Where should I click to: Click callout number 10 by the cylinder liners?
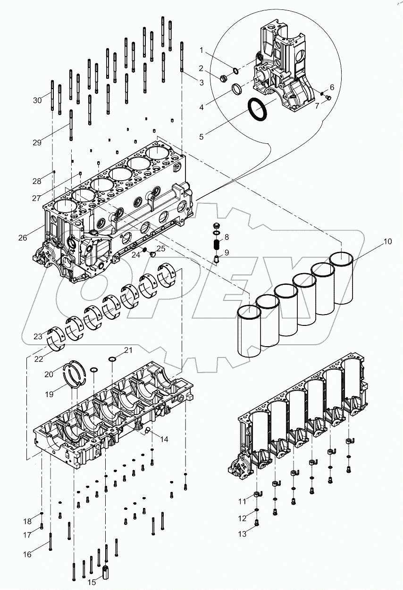point(387,242)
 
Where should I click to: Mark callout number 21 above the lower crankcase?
point(128,349)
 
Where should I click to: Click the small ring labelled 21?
point(112,359)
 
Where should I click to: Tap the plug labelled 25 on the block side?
point(152,254)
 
